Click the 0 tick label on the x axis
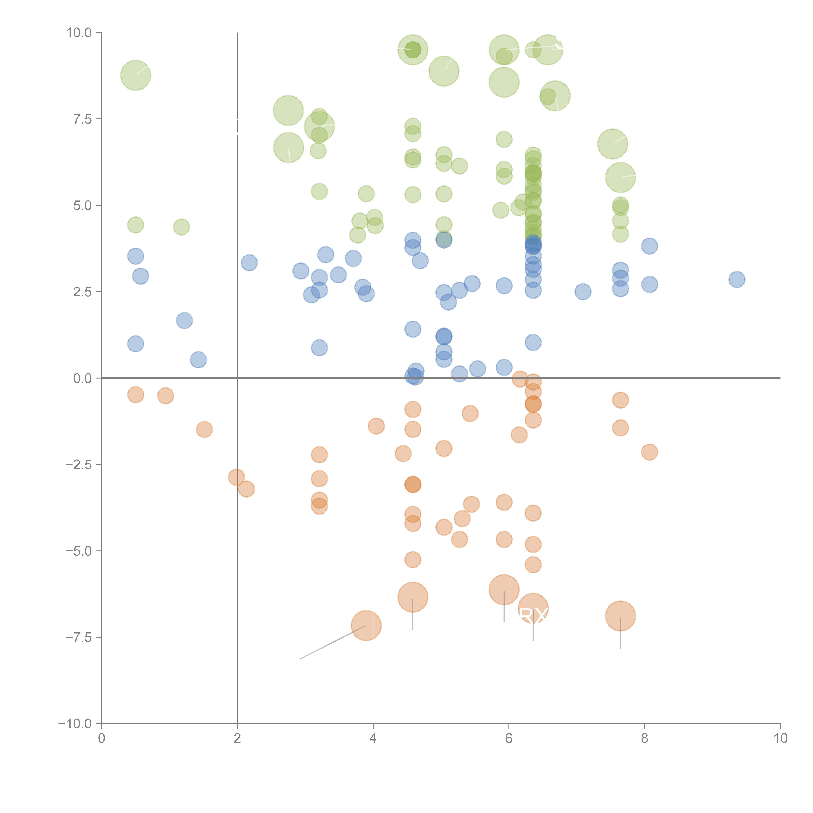pos(101,739)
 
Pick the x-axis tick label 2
pos(237,739)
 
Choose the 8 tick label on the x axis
pos(645,739)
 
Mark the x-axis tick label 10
pos(780,739)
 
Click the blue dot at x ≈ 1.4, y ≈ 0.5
pos(198,360)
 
